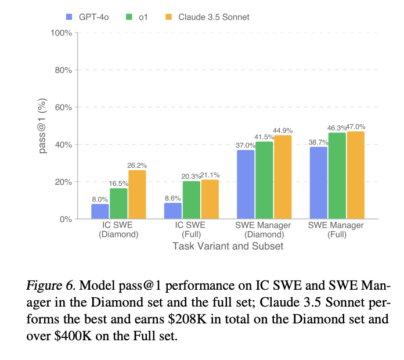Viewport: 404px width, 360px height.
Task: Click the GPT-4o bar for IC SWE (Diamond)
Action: click(x=100, y=211)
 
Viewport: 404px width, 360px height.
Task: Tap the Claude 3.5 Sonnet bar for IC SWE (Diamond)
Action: click(x=137, y=195)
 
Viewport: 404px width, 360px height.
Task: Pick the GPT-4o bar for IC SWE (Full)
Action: click(x=173, y=211)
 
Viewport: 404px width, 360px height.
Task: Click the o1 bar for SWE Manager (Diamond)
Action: click(x=264, y=180)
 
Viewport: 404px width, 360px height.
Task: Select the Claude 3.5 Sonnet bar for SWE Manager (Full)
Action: click(x=355, y=175)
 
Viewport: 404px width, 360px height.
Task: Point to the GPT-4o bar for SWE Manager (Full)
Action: click(x=319, y=183)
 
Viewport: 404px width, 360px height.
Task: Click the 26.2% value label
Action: click(x=138, y=165)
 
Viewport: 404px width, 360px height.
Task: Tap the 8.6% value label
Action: click(x=172, y=197)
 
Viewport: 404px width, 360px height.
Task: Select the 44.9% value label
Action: click(x=283, y=130)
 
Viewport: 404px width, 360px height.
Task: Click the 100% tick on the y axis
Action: click(x=61, y=33)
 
